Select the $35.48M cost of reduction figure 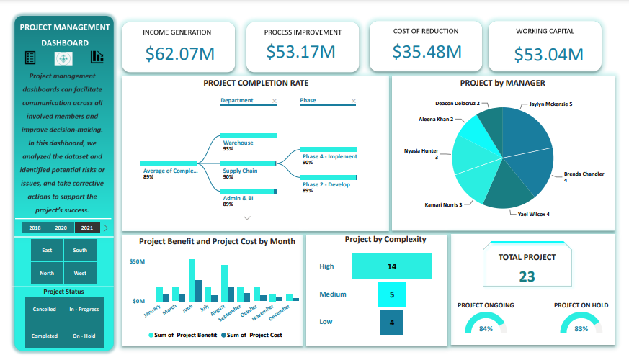coord(427,52)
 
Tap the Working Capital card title coord(545,32)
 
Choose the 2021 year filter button coord(86,228)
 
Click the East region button coord(47,251)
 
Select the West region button coord(80,273)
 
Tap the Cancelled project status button coord(44,310)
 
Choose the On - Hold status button coord(84,336)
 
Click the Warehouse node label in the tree coord(238,143)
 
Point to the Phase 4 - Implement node coord(329,156)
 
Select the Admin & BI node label coord(238,198)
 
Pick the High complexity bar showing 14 coord(391,266)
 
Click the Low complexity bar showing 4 coord(391,322)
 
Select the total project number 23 coord(527,276)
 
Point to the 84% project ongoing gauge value coord(486,329)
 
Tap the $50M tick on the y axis coord(137,262)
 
